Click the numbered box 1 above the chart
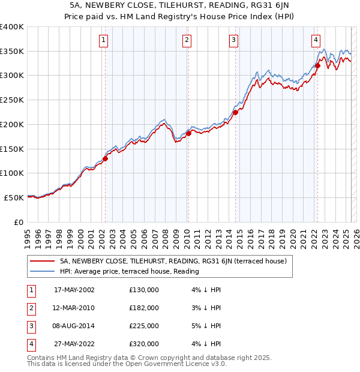(104, 40)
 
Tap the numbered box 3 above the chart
(233, 40)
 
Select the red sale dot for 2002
(105, 159)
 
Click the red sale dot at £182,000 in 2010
(188, 133)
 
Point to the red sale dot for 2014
(235, 112)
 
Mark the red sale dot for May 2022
(318, 66)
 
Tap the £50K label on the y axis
(14, 197)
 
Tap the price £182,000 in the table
(144, 308)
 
